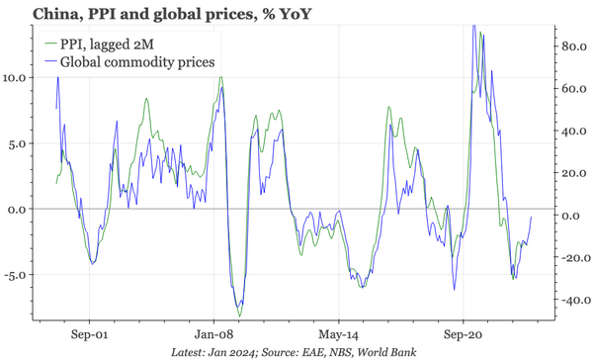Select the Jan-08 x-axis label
[x=214, y=334]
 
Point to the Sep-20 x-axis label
[x=463, y=334]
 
